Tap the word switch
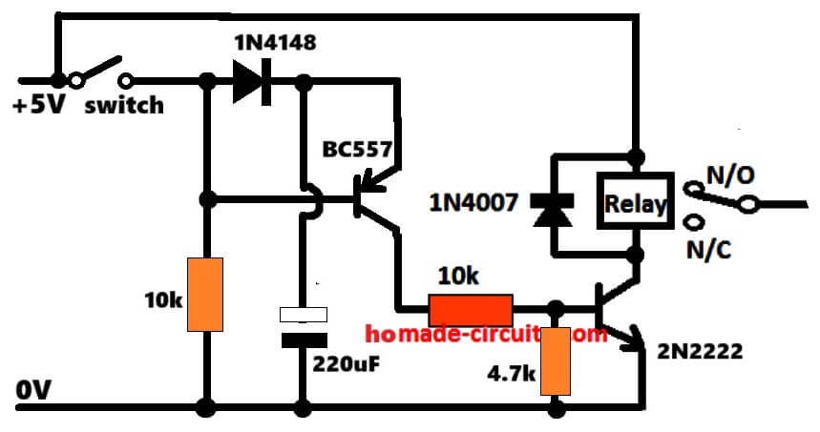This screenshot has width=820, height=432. (x=124, y=105)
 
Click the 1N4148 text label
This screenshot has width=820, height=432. (x=274, y=44)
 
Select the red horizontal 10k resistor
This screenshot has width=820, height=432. (x=471, y=309)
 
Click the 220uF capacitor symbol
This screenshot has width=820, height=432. (x=303, y=326)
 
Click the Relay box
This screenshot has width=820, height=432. (x=635, y=202)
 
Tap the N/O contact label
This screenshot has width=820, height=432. (x=730, y=175)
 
